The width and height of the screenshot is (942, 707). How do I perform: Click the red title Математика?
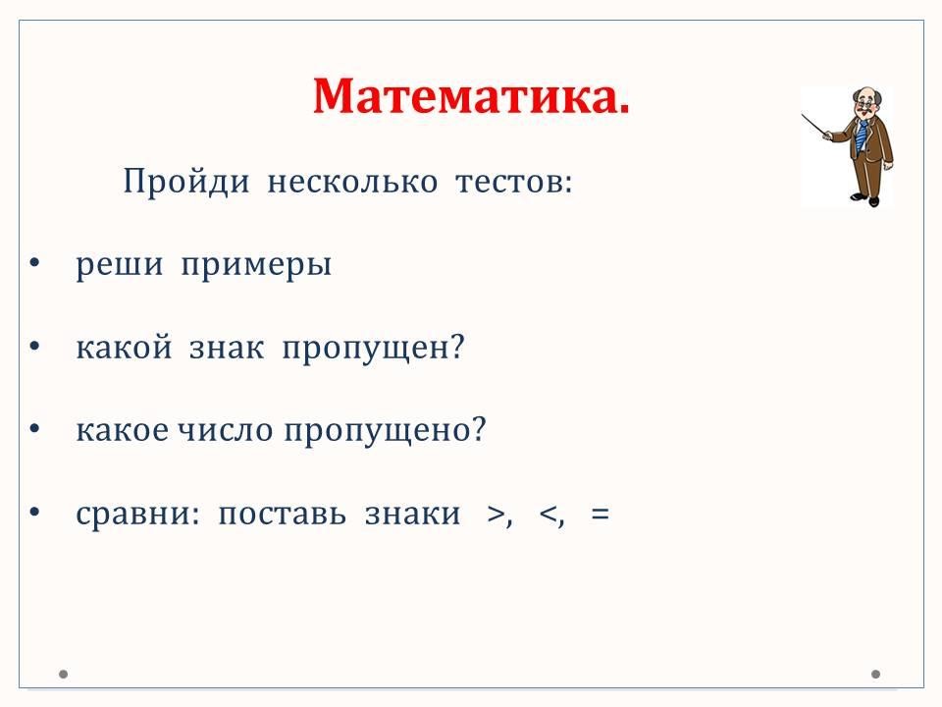[x=472, y=96]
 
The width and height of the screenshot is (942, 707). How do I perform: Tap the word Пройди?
[x=186, y=181]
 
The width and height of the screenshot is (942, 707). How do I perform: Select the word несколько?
[x=352, y=182]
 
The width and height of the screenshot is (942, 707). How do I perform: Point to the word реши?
[x=120, y=265]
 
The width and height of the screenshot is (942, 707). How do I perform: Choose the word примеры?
[x=256, y=265]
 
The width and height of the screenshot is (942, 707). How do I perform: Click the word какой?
[x=125, y=347]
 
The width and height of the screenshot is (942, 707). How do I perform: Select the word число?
[x=226, y=430]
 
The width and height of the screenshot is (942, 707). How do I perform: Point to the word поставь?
[x=283, y=513]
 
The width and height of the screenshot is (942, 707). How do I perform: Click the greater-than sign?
[x=497, y=515]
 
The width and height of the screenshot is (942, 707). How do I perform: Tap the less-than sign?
[x=549, y=515]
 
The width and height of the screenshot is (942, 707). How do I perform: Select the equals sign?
[x=601, y=515]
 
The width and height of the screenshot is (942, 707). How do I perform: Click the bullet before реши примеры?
[x=35, y=263]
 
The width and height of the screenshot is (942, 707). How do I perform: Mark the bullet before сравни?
[x=35, y=512]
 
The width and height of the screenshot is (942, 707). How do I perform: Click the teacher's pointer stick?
[x=815, y=126]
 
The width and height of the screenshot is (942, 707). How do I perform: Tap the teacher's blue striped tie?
[x=863, y=136]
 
